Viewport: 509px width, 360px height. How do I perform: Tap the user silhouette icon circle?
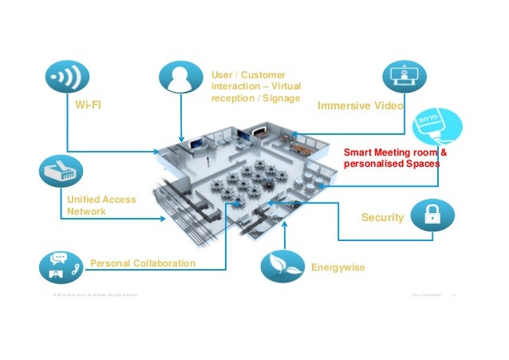[181, 80]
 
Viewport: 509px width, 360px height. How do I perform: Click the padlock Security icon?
[432, 214]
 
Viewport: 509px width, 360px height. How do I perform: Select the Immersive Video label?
[361, 105]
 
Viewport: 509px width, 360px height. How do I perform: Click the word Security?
[382, 216]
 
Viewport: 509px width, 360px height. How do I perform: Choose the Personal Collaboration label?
[143, 263]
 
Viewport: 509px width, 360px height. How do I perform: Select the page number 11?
[453, 295]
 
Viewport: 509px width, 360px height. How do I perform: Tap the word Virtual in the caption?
[285, 86]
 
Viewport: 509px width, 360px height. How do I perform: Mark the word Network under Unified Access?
[86, 212]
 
